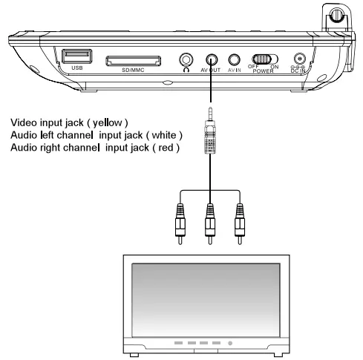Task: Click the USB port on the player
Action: (76, 56)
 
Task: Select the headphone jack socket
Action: (186, 60)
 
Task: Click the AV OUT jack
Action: (212, 60)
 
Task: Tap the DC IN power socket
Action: (301, 59)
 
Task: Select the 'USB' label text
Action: (76, 70)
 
